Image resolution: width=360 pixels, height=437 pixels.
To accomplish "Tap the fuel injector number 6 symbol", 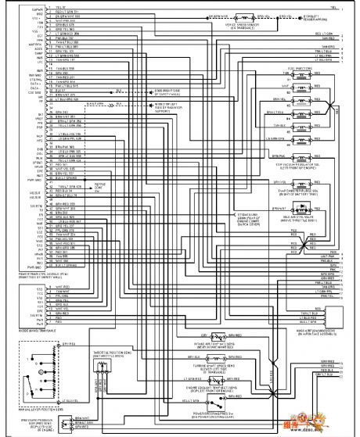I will point(311,141).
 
